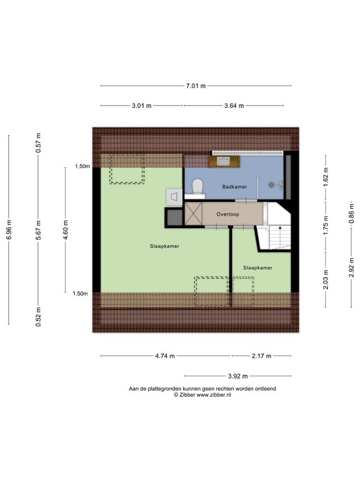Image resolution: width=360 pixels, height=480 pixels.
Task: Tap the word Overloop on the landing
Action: coord(228,214)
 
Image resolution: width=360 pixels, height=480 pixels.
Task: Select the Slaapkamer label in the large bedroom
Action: coord(164,246)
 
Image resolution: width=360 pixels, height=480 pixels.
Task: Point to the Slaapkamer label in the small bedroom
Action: coord(257,267)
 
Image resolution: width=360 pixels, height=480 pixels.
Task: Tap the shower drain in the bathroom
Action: coord(272,185)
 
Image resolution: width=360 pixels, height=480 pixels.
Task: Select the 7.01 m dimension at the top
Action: coord(196,86)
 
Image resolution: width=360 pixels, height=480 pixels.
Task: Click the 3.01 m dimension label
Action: coord(141,106)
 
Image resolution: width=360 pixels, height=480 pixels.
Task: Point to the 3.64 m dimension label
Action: coord(234,106)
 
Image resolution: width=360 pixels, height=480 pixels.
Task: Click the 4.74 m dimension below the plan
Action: coord(165,356)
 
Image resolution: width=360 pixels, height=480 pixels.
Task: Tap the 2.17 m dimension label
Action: coord(261,356)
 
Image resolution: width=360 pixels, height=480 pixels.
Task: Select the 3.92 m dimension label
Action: coord(237,376)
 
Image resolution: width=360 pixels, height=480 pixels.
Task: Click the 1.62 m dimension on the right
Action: coord(325,177)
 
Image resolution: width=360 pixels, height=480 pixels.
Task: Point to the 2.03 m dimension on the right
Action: coord(325,275)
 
